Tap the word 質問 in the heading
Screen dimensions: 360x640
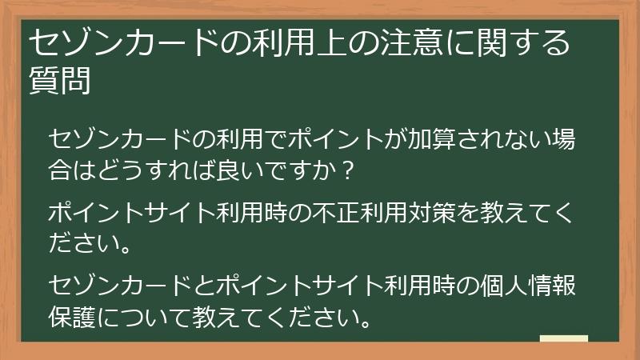[59, 80]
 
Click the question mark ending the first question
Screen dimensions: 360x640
[346, 170]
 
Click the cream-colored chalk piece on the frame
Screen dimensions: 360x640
[563, 339]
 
